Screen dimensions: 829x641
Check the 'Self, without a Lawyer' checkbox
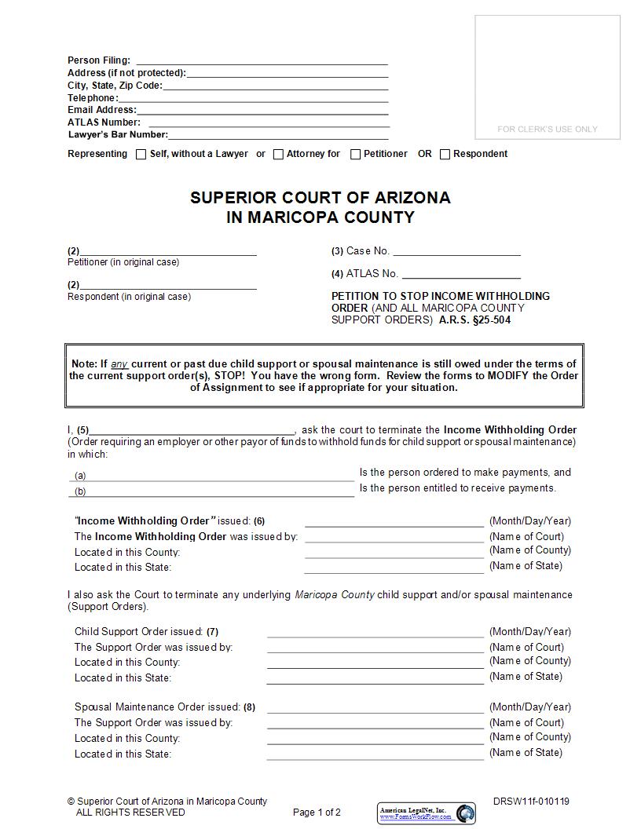[x=141, y=155]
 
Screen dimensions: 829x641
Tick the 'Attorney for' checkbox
[x=278, y=155]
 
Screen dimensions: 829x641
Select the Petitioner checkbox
[x=355, y=155]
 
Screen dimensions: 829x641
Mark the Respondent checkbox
[x=445, y=155]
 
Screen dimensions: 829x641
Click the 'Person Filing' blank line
[x=262, y=60]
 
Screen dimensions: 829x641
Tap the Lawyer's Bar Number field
[x=279, y=135]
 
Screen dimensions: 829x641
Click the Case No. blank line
[x=456, y=251]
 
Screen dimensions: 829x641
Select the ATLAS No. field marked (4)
[x=461, y=274]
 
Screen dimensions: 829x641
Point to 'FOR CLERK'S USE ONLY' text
[x=548, y=129]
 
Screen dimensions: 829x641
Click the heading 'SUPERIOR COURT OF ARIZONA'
[x=320, y=198]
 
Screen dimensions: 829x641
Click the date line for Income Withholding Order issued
[x=394, y=521]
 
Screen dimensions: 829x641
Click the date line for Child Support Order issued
[x=375, y=632]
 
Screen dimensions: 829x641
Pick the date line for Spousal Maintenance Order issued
[x=375, y=707]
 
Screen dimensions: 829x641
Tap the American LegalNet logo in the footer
[x=427, y=813]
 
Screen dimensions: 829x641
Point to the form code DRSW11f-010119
[x=531, y=802]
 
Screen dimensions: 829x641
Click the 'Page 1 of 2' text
[x=317, y=813]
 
